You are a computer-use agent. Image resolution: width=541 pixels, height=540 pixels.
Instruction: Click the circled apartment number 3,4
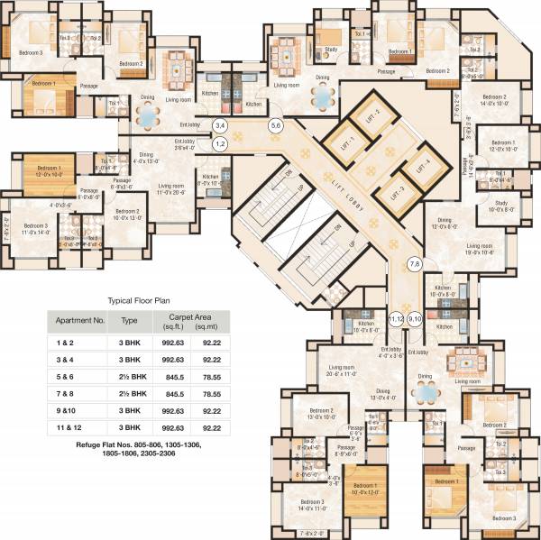(x=219, y=125)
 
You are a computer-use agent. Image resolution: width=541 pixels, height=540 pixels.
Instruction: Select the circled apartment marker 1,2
(x=219, y=142)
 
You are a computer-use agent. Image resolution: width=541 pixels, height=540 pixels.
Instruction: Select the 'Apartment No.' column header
(x=79, y=319)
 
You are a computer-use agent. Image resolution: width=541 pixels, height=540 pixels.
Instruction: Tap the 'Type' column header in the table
(x=130, y=319)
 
